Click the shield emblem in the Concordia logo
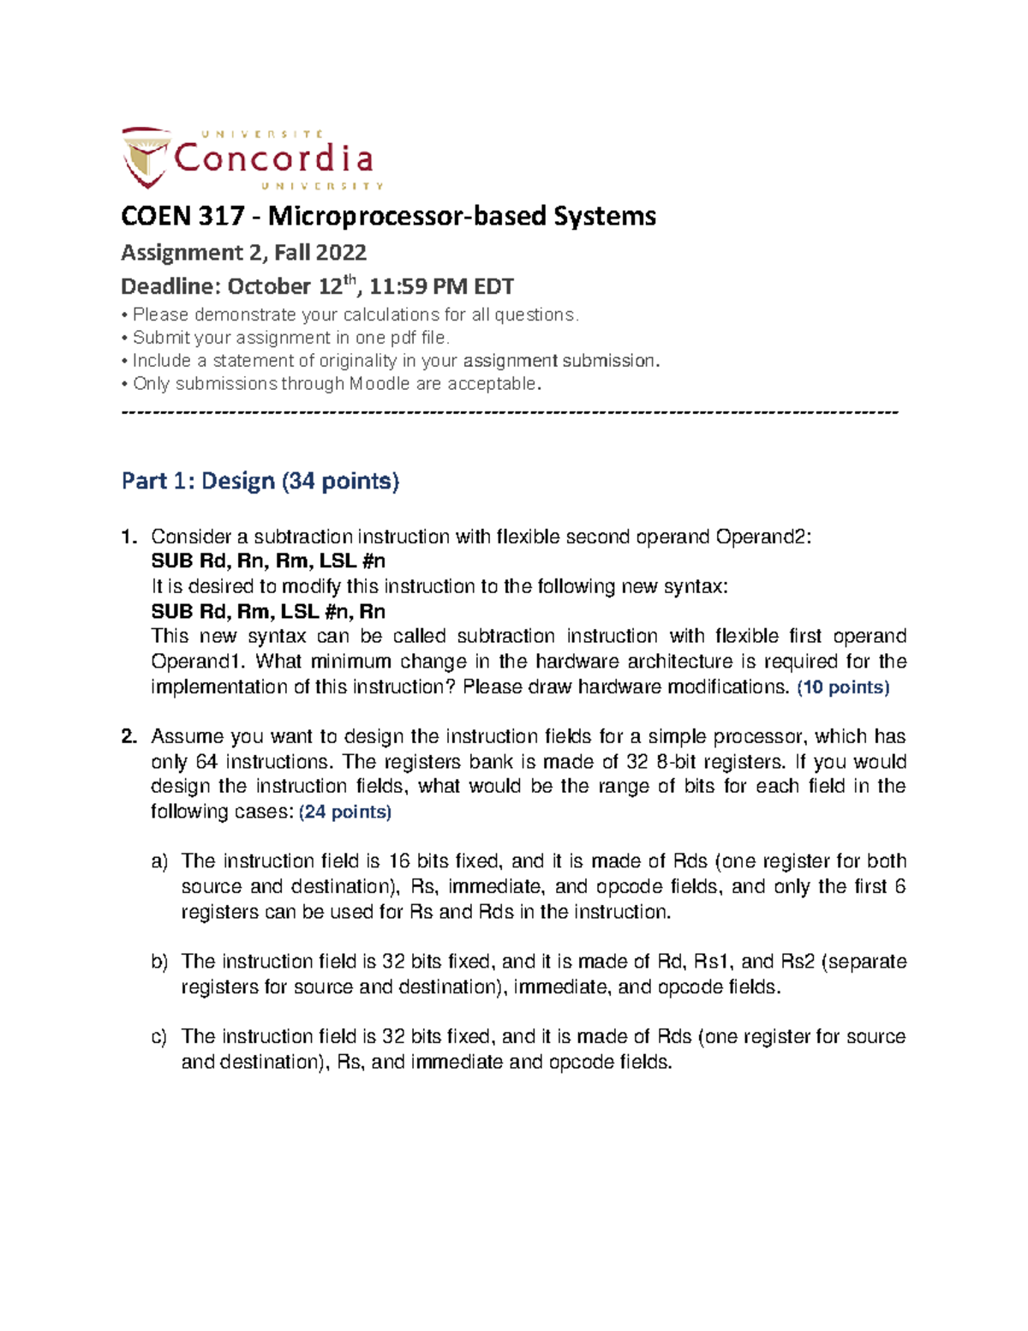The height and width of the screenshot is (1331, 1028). pyautogui.click(x=145, y=157)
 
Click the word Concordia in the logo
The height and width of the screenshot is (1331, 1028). pyautogui.click(x=273, y=159)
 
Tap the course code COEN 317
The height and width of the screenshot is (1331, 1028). pyautogui.click(x=182, y=216)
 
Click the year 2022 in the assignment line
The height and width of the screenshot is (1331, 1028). pyautogui.click(x=340, y=252)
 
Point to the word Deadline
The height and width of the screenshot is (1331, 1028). pyautogui.click(x=170, y=286)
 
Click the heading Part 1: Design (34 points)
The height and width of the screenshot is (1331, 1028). pyautogui.click(x=260, y=481)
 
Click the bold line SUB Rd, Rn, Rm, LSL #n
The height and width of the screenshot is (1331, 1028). pyautogui.click(x=268, y=561)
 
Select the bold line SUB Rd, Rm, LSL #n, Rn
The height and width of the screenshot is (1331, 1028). pyautogui.click(x=268, y=611)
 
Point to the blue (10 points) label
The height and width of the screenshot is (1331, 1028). pyautogui.click(x=843, y=687)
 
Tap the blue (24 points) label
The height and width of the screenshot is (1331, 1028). pyautogui.click(x=344, y=812)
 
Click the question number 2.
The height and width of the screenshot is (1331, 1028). pyautogui.click(x=128, y=737)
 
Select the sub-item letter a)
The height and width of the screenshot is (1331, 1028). pyautogui.click(x=159, y=862)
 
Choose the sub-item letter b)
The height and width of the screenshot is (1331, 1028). pyautogui.click(x=159, y=962)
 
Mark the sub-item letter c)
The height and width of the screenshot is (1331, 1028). pyautogui.click(x=159, y=1037)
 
